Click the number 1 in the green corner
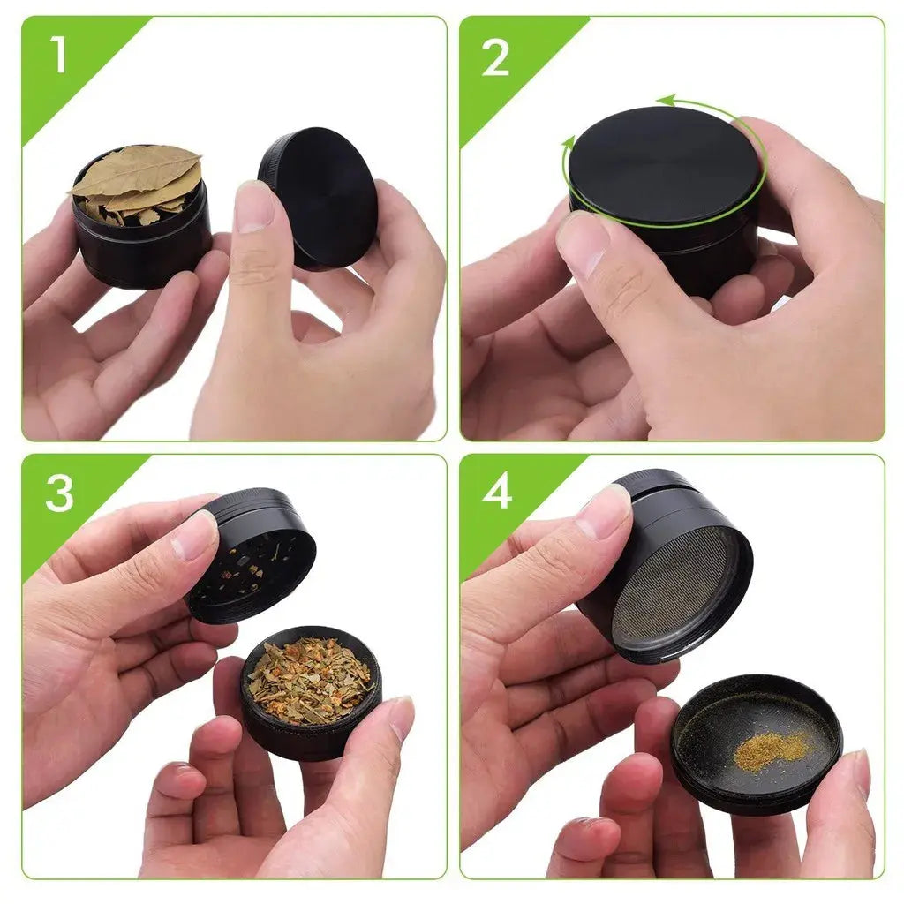(x=58, y=56)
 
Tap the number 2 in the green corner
(x=496, y=57)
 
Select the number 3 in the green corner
(x=59, y=493)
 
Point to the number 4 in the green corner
(x=496, y=492)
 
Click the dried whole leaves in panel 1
(x=139, y=176)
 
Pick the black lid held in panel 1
(x=320, y=196)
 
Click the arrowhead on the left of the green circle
(x=569, y=141)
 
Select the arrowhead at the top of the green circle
(x=665, y=101)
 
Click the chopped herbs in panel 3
(x=309, y=681)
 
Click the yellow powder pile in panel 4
(x=771, y=750)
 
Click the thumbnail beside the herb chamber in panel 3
(x=400, y=717)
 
